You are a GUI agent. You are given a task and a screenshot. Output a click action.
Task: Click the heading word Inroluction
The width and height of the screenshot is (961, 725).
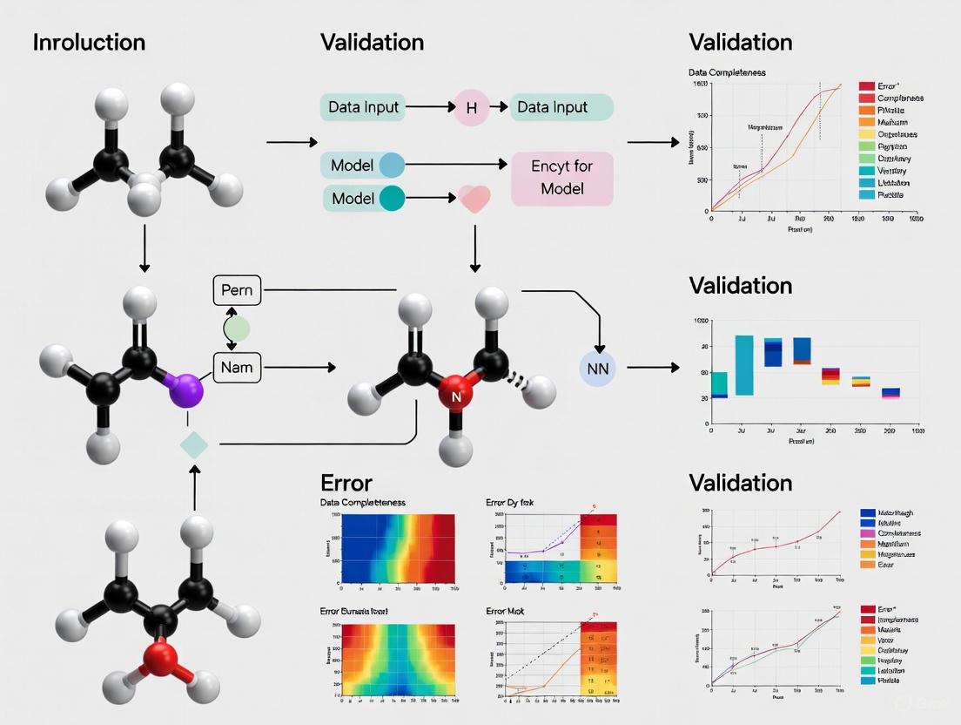tap(89, 43)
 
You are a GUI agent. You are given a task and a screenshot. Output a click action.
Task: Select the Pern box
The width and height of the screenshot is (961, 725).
tap(237, 290)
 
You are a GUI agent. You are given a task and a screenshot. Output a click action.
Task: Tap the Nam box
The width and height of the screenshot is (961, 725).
tap(237, 367)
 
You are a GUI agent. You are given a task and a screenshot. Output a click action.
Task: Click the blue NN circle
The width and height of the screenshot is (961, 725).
tap(597, 369)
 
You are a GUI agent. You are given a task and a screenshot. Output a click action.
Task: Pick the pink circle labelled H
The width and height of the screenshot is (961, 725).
tap(472, 108)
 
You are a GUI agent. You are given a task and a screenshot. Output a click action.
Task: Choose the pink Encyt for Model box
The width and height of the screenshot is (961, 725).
tap(561, 179)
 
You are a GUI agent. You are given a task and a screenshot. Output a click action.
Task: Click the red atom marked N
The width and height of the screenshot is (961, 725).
tap(454, 398)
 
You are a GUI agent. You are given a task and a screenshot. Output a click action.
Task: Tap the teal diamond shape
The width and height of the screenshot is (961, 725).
tap(193, 445)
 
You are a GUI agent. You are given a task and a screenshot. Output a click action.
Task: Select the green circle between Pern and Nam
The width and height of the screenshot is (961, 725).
tap(237, 329)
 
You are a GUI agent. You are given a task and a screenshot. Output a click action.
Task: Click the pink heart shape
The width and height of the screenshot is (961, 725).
tap(474, 199)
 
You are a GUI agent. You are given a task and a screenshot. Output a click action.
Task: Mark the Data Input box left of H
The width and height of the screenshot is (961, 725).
tap(364, 108)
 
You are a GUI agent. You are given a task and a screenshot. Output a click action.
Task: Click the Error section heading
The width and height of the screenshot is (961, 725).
tap(346, 483)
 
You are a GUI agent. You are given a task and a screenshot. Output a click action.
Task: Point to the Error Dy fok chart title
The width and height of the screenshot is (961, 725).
tap(510, 503)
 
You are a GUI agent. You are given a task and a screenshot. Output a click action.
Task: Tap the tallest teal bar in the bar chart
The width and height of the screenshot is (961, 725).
tap(744, 365)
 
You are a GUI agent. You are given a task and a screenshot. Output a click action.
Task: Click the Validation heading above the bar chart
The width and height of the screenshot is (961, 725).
tap(740, 286)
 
